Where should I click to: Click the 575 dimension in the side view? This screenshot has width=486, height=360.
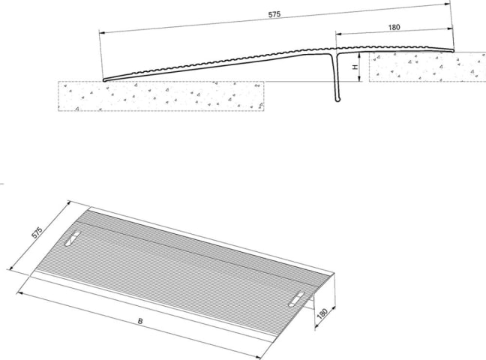pyautogui.click(x=274, y=14)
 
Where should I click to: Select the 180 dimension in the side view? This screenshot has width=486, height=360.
pyautogui.click(x=394, y=27)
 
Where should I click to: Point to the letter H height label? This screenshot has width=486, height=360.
pyautogui.click(x=355, y=67)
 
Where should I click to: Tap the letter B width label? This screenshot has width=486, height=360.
pyautogui.click(x=140, y=321)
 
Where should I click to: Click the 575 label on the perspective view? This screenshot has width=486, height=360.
pyautogui.click(x=37, y=232)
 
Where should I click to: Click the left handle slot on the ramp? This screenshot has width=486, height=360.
pyautogui.click(x=72, y=238)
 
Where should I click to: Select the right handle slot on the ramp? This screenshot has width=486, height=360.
pyautogui.click(x=296, y=299)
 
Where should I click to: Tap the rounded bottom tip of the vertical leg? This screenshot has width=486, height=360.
pyautogui.click(x=337, y=100)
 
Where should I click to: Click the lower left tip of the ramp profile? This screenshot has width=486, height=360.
pyautogui.click(x=104, y=80)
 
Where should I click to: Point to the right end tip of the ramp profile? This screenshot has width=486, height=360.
pyautogui.click(x=453, y=50)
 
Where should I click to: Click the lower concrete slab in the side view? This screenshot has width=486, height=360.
pyautogui.click(x=161, y=96)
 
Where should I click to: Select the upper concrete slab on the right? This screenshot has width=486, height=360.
pyautogui.click(x=427, y=67)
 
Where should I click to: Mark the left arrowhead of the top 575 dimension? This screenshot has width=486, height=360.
pyautogui.click(x=102, y=32)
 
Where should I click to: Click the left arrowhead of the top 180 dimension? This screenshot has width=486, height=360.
pyautogui.click(x=339, y=34)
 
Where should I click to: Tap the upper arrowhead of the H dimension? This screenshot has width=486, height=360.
pyautogui.click(x=359, y=55)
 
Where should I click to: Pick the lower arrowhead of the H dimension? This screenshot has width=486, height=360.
pyautogui.click(x=359, y=79)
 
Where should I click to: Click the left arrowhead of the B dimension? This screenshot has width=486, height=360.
pyautogui.click(x=19, y=292)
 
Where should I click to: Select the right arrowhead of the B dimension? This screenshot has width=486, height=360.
pyautogui.click(x=259, y=358)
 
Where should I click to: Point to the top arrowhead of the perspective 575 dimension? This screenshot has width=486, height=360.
pyautogui.click(x=69, y=203)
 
